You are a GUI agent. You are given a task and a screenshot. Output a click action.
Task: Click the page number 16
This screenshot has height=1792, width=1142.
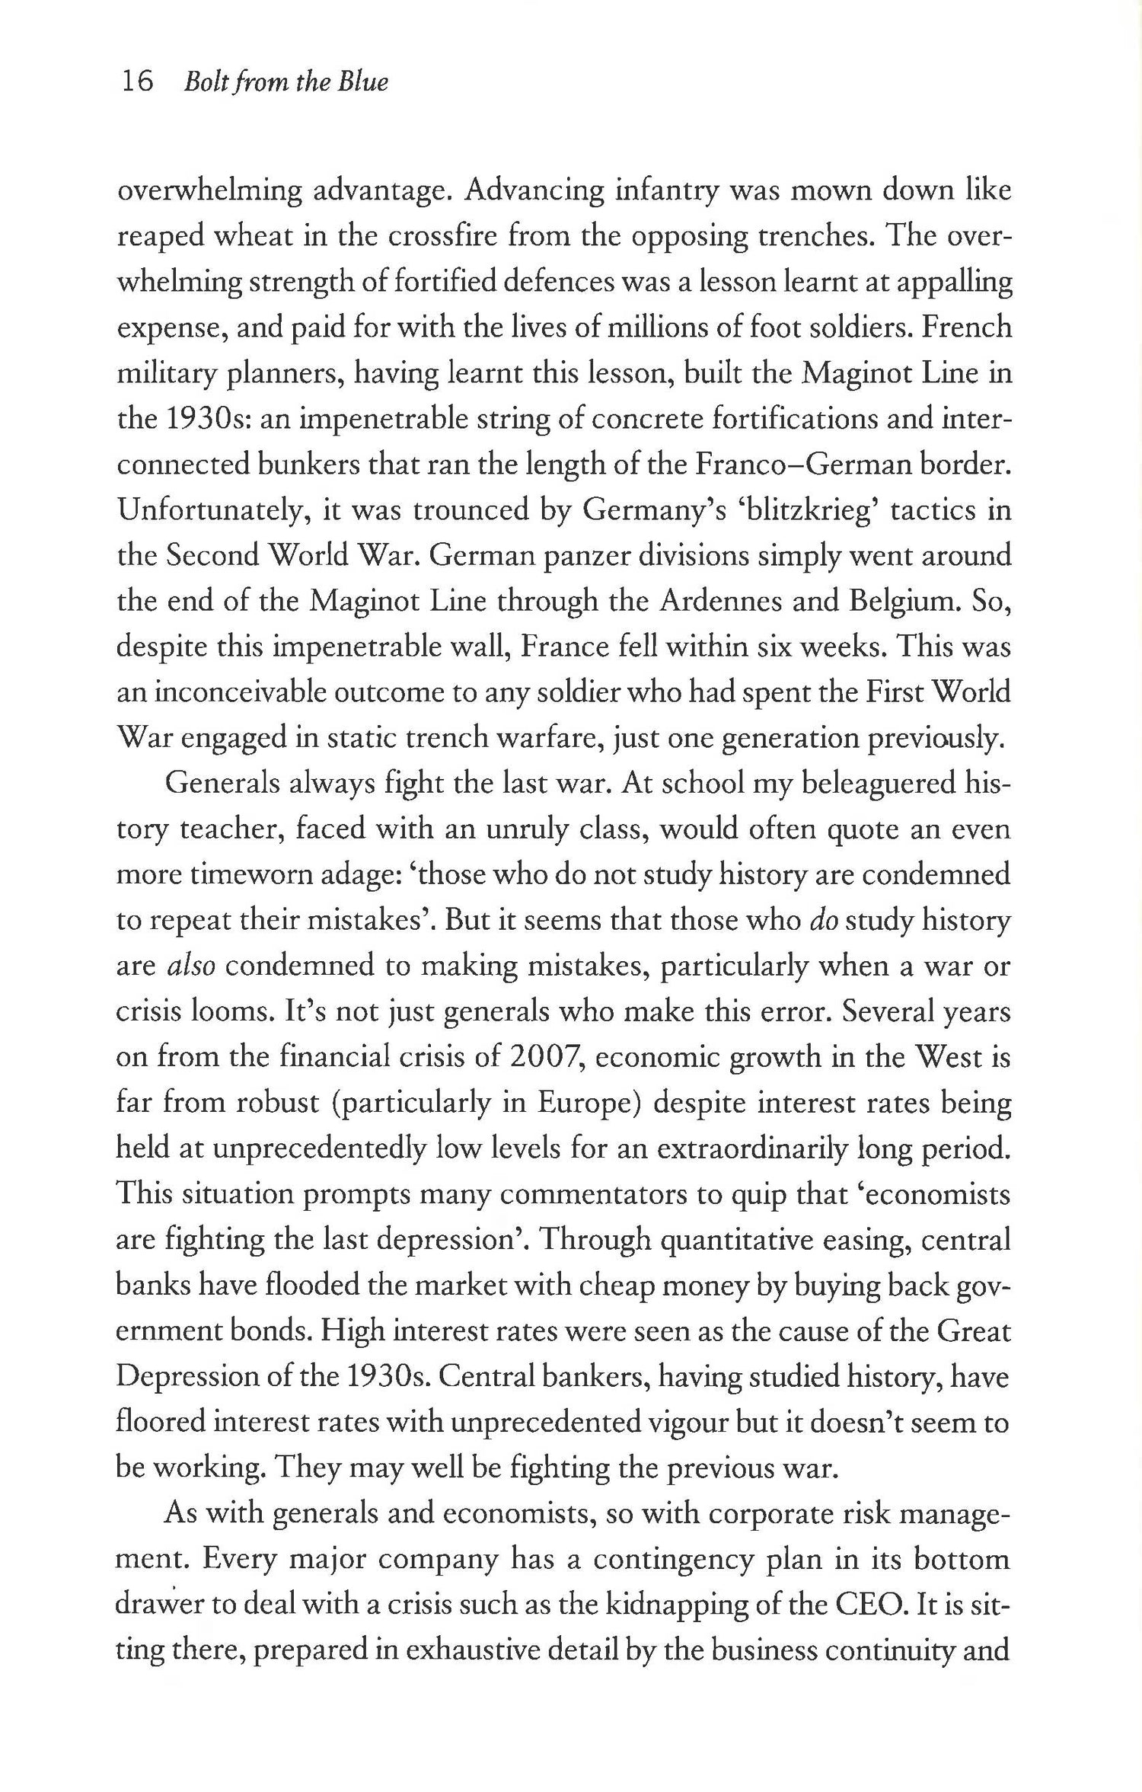pos(138,81)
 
